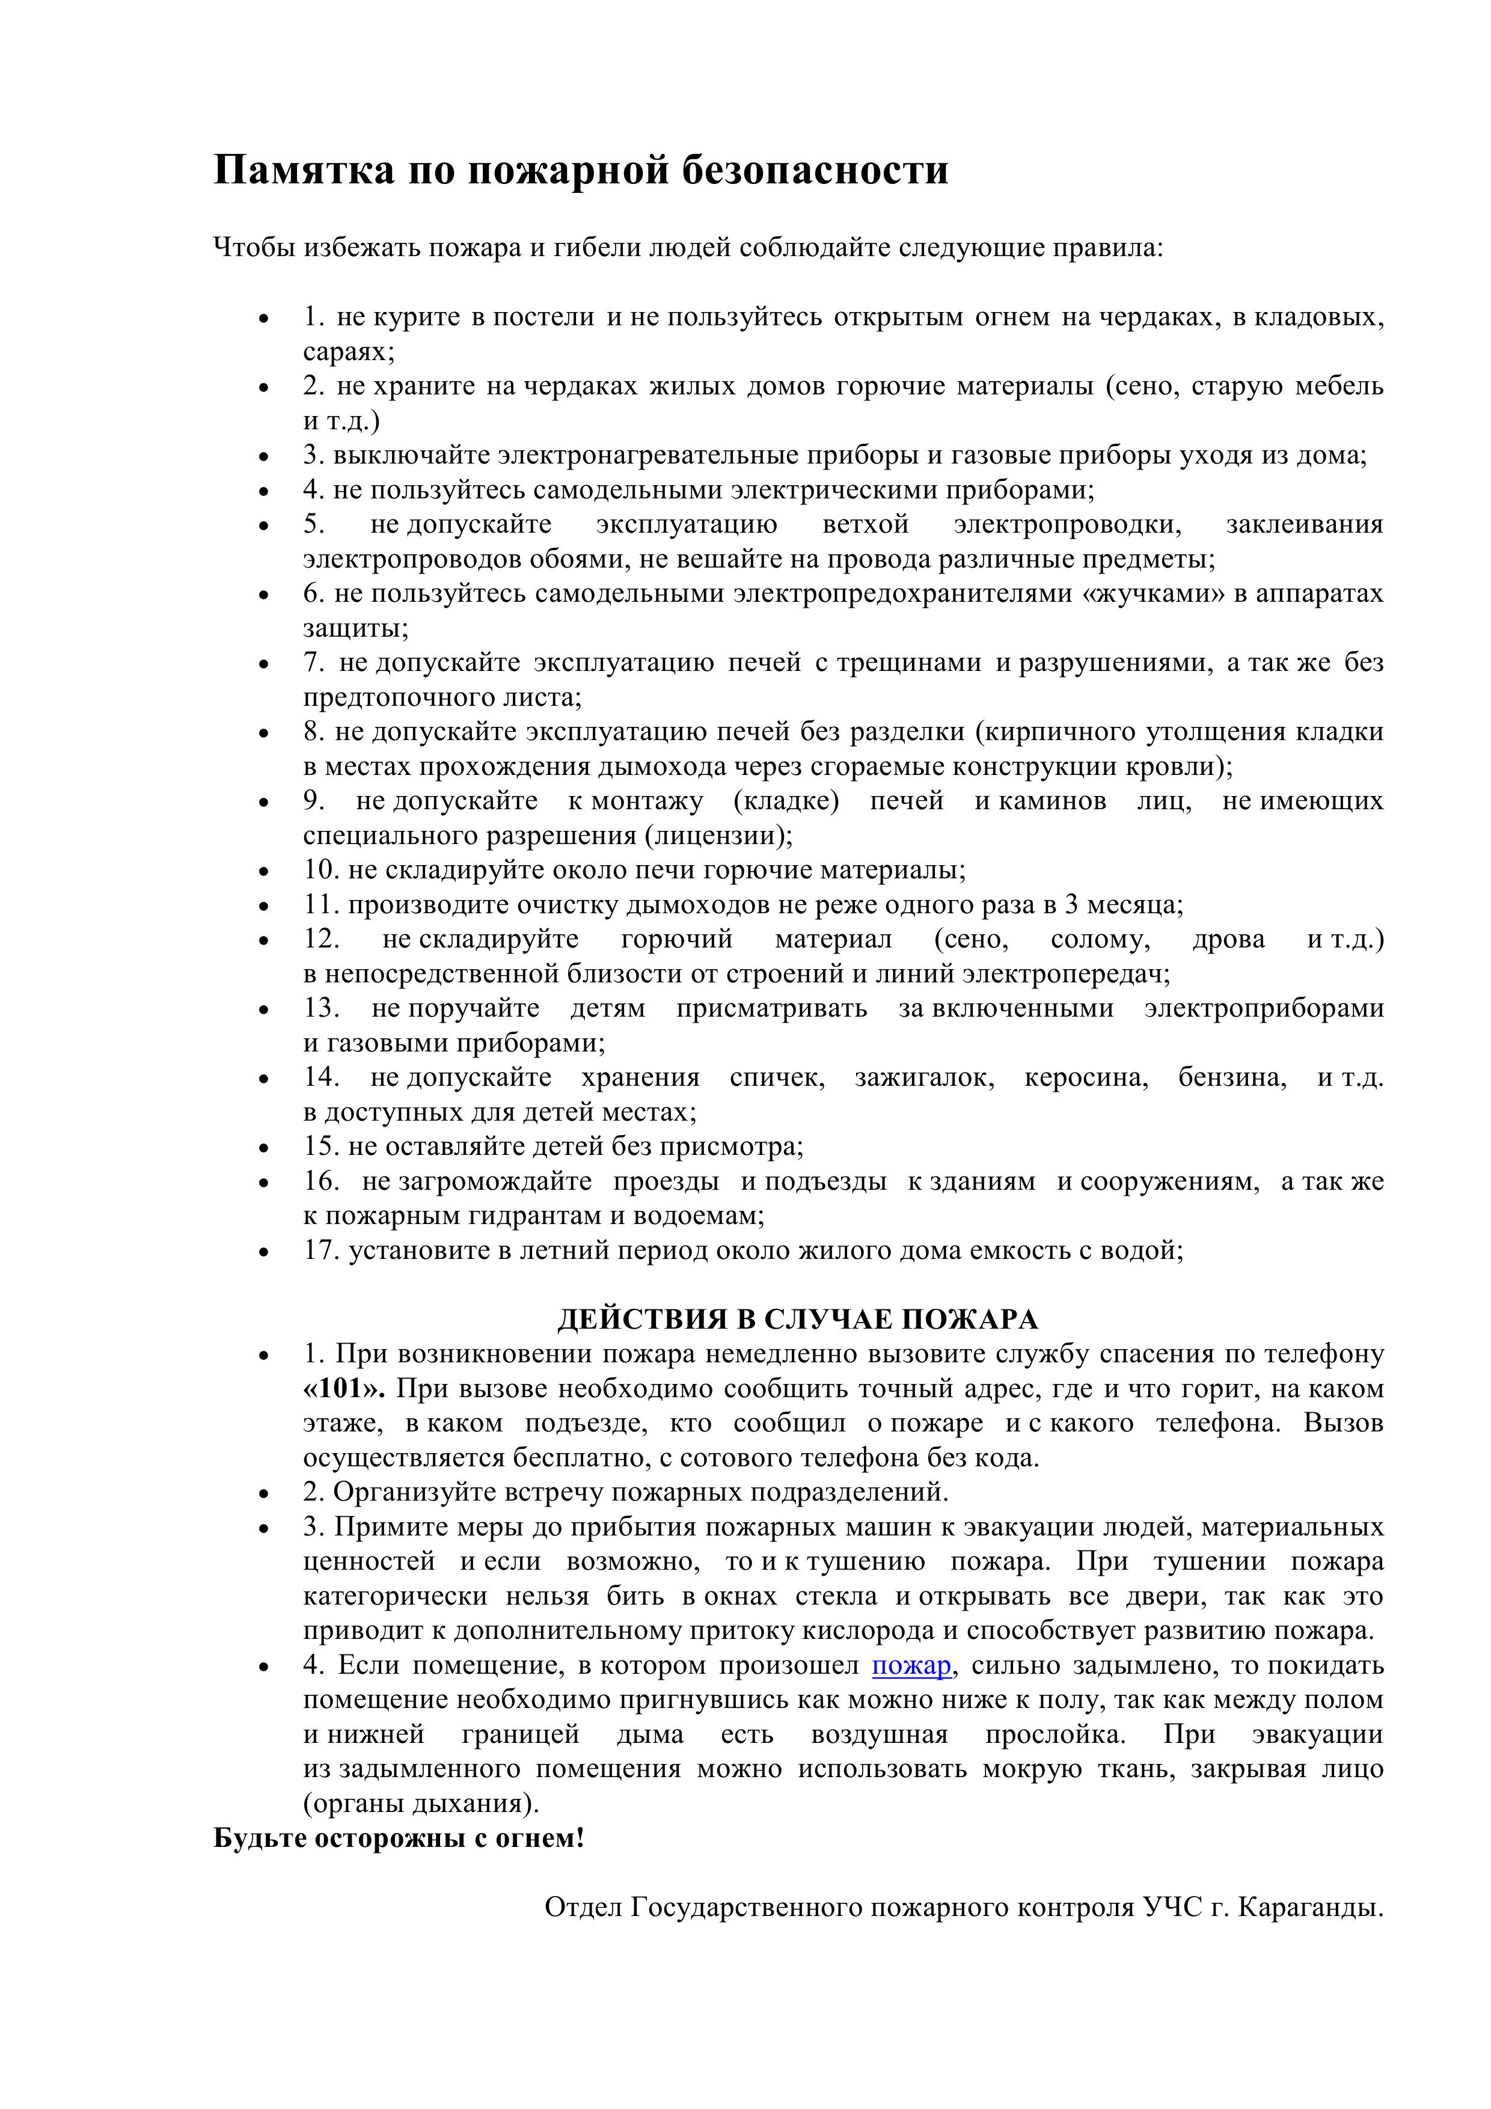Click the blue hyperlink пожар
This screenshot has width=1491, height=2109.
(911, 1665)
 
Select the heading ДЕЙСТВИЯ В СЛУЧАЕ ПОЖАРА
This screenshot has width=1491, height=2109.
(797, 1319)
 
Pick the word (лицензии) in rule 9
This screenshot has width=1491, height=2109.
(717, 836)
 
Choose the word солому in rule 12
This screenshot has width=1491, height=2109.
(1100, 940)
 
